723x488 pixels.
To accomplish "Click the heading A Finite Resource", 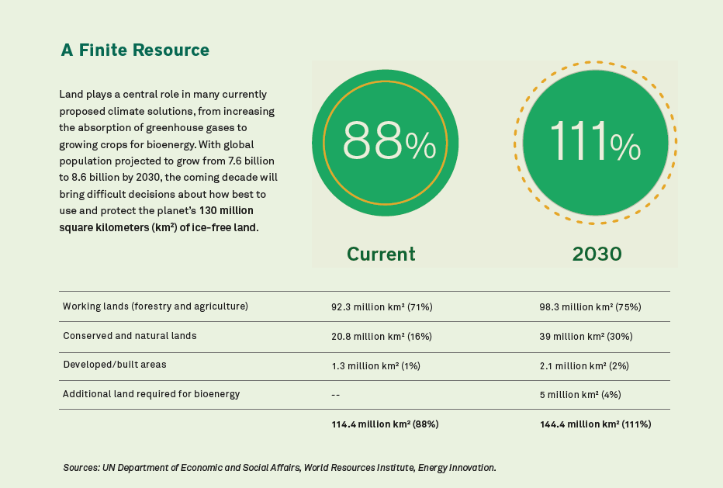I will point(135,50).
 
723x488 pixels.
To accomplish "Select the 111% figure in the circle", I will point(595,143).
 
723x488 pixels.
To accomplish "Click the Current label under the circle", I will point(381,254).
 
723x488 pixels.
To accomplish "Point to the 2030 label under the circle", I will point(597,254).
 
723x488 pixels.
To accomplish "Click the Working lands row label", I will point(155,306).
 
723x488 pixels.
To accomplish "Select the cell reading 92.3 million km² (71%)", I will point(382,307).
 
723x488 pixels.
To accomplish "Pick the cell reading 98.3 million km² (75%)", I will point(590,307).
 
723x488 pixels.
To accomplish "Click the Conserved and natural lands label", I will point(130,336).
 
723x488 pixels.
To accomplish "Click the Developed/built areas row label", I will point(114,365).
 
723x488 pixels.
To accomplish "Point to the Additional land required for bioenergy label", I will point(151,394).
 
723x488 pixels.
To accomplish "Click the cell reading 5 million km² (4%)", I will point(579,395).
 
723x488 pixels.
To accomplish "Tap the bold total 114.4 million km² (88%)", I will point(386,424).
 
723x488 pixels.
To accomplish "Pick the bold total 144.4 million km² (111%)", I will point(595,424).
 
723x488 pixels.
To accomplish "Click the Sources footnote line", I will point(279,468).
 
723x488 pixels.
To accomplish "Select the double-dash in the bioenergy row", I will point(336,395).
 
